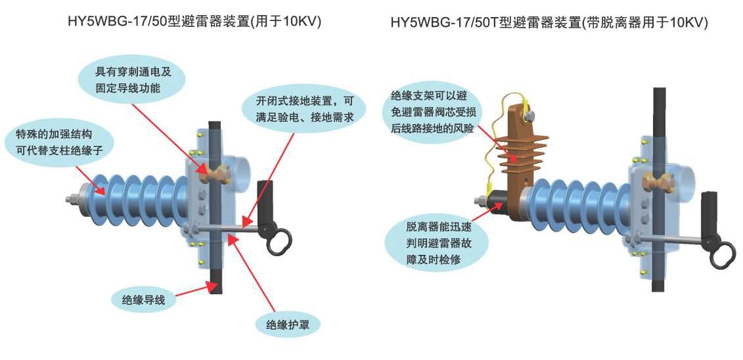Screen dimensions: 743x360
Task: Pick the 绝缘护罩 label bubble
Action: point(287,325)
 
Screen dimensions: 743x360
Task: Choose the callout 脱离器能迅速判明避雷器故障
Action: point(436,242)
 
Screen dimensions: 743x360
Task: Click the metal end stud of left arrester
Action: point(73,198)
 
